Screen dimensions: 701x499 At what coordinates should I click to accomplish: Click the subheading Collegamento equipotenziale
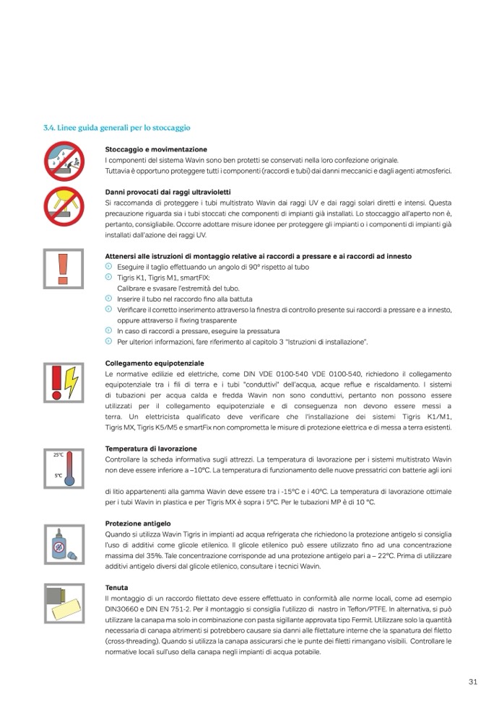coord(155,364)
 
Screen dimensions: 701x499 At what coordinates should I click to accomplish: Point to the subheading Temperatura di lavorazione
coord(150,449)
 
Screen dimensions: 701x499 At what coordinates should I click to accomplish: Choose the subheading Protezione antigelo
coord(138,523)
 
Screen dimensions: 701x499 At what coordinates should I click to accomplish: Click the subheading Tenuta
coord(116,588)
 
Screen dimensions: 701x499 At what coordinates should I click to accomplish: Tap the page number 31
coord(474,682)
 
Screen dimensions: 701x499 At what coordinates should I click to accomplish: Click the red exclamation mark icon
coord(61,269)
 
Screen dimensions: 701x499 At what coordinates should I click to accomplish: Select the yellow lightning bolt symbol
coord(71,377)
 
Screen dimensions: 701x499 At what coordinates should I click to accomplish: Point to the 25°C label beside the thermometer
coord(58,455)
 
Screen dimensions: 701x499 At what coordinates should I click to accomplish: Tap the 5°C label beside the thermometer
coord(58,476)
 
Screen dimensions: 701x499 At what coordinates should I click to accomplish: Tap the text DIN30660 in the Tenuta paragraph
coord(121,610)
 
